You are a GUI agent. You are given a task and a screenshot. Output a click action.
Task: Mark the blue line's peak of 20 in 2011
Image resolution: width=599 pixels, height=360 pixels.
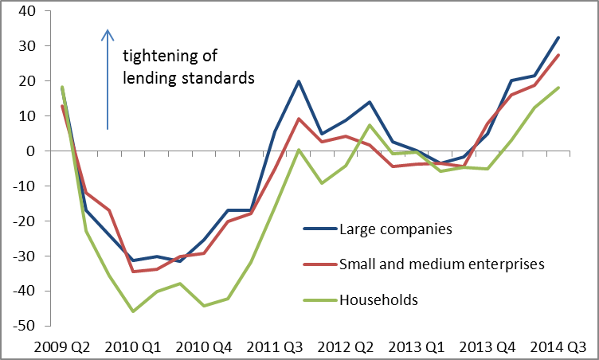point(298,81)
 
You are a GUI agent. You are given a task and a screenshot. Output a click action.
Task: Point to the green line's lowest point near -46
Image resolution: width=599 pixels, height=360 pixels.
point(132,311)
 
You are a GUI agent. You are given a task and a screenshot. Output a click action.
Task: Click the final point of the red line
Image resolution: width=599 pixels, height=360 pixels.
point(558,55)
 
